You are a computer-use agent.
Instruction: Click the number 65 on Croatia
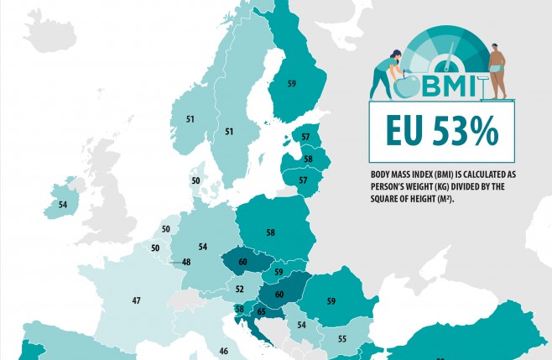coord(262,311)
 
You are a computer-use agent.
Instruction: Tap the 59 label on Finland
coord(291,84)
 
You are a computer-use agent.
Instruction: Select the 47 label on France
coord(136,300)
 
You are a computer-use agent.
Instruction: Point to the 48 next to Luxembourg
coord(186,262)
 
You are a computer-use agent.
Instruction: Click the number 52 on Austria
coord(239,289)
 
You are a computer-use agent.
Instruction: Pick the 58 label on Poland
coord(270,232)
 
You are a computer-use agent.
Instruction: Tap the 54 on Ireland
coord(63,205)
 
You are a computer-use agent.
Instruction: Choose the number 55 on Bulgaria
coord(342,339)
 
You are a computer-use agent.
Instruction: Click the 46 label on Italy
coord(223,351)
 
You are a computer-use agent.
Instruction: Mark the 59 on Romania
coord(331,301)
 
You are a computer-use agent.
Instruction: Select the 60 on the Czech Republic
coord(243,262)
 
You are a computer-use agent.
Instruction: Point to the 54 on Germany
coord(202,247)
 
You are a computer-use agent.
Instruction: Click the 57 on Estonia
coord(305,137)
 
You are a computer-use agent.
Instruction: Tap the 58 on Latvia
coord(308,159)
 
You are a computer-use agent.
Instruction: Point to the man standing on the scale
coord(497,71)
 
